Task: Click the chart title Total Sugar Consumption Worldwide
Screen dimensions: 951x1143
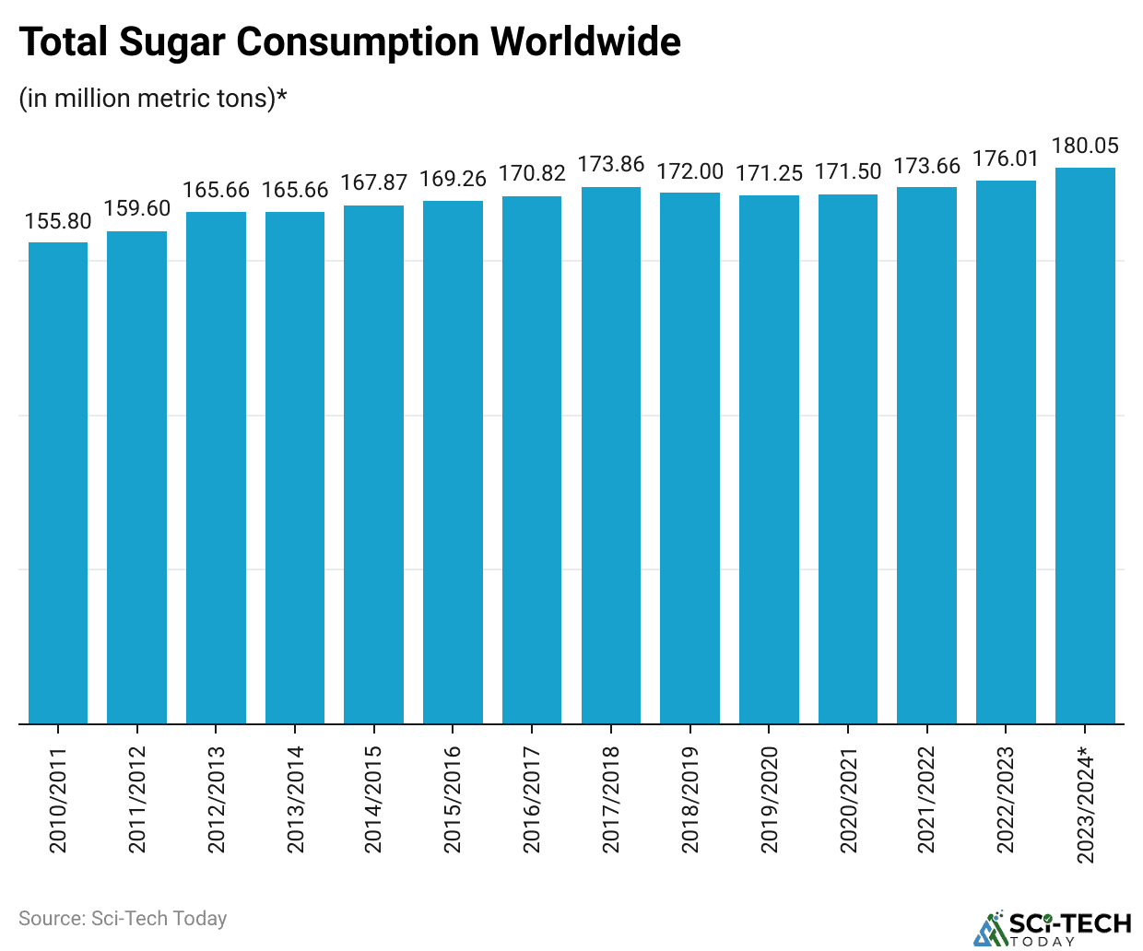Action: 350,42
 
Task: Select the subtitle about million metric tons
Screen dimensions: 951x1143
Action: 153,98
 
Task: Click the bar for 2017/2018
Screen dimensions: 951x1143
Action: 611,455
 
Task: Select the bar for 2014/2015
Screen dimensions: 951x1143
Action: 373,464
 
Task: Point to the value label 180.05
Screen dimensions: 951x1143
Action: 1085,146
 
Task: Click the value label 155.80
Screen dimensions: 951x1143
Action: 58,221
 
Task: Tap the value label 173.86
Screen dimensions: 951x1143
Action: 611,166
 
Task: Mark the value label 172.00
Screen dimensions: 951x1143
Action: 689,171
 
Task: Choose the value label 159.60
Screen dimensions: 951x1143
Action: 137,209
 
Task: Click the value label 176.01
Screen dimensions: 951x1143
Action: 1006,158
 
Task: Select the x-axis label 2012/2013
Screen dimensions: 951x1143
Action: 217,800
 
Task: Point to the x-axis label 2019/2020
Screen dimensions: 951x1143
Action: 770,800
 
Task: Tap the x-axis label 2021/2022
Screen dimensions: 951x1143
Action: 927,800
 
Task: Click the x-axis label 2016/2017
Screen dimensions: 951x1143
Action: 532,800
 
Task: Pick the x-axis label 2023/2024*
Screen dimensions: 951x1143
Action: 1086,805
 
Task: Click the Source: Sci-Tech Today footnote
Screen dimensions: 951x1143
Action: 123,919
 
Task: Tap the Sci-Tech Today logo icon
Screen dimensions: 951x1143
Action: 991,929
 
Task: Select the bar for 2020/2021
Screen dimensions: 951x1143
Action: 848,459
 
